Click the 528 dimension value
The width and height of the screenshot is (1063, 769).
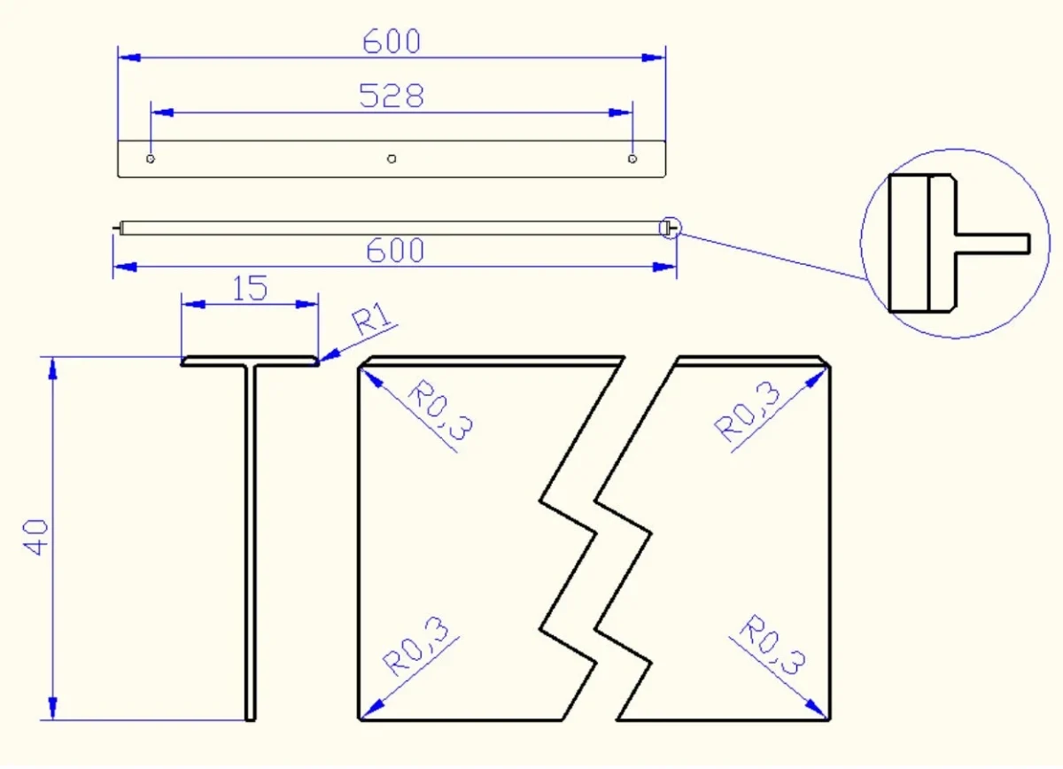click(391, 96)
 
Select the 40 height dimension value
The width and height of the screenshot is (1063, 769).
click(35, 537)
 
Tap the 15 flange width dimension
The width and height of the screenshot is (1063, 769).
click(250, 288)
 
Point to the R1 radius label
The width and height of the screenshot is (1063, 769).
click(373, 317)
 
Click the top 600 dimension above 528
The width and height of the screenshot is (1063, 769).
click(392, 42)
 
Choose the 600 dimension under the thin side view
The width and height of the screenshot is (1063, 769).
click(395, 250)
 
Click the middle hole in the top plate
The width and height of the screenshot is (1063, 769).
click(392, 159)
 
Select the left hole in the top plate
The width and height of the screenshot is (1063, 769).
click(151, 159)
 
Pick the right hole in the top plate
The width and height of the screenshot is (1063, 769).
click(632, 159)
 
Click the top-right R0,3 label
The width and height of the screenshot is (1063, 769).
click(747, 412)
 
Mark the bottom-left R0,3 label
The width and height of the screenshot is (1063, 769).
click(415, 646)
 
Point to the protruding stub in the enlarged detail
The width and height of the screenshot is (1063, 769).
click(993, 244)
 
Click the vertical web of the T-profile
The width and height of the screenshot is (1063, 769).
click(251, 543)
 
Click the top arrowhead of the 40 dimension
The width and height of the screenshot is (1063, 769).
click(52, 369)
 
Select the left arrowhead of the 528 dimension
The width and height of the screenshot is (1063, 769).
click(162, 113)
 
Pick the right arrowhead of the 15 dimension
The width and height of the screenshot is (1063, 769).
click(306, 304)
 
